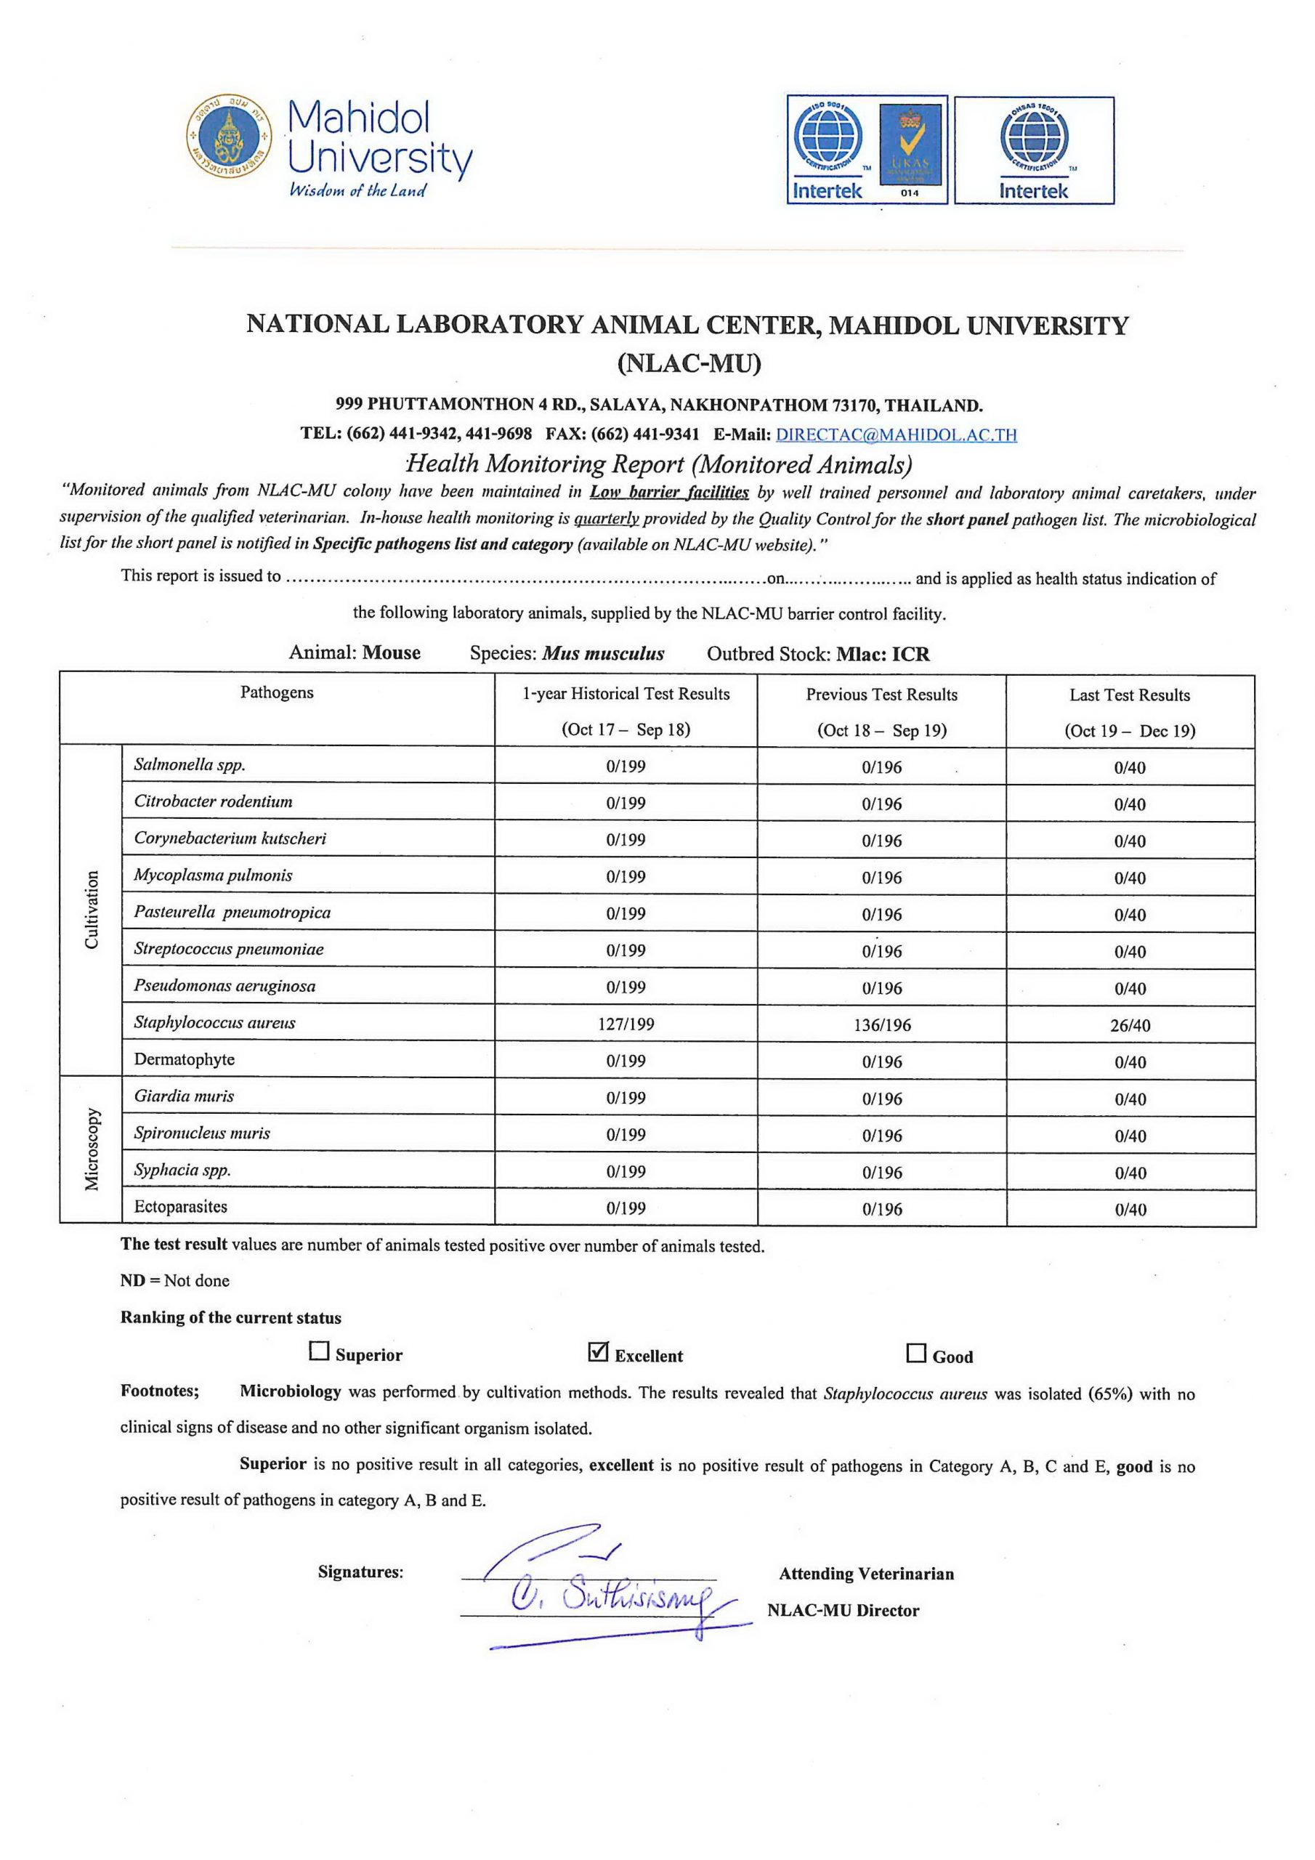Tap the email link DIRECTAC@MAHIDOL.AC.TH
[x=896, y=434]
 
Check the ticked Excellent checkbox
[x=598, y=1352]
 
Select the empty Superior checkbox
[x=319, y=1351]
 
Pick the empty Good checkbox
[x=915, y=1353]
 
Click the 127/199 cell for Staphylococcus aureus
[x=626, y=1024]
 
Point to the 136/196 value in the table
[x=881, y=1024]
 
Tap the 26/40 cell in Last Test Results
[x=1130, y=1026]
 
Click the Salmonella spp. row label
[x=190, y=764]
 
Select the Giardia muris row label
[x=184, y=1096]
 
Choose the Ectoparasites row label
[x=181, y=1206]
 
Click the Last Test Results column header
[x=1130, y=695]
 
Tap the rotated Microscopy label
[x=92, y=1149]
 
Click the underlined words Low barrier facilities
[x=668, y=492]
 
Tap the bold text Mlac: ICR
[x=883, y=654]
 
